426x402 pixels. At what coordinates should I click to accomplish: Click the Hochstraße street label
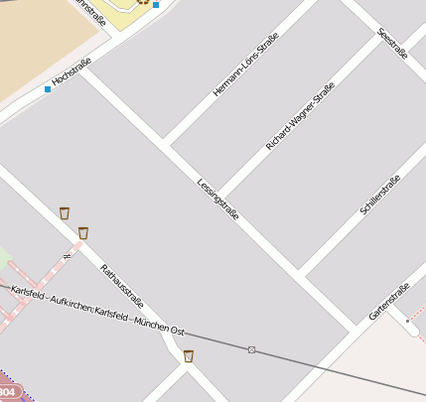pos(71,76)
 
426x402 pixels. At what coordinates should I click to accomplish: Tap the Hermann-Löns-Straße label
pos(245,65)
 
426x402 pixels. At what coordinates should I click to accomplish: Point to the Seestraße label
pos(392,44)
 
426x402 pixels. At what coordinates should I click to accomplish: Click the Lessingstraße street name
pos(217,203)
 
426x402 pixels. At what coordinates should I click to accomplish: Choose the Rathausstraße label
pos(122,288)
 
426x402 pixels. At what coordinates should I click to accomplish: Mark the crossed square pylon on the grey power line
pos(251,349)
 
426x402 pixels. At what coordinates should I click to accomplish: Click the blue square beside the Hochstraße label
pos(48,90)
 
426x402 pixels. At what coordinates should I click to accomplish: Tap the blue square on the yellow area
pos(156,5)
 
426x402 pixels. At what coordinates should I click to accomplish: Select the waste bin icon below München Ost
pos(188,356)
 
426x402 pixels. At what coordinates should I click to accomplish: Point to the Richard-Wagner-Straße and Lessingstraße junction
pos(220,196)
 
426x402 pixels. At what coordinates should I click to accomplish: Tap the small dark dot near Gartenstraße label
pos(407,321)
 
